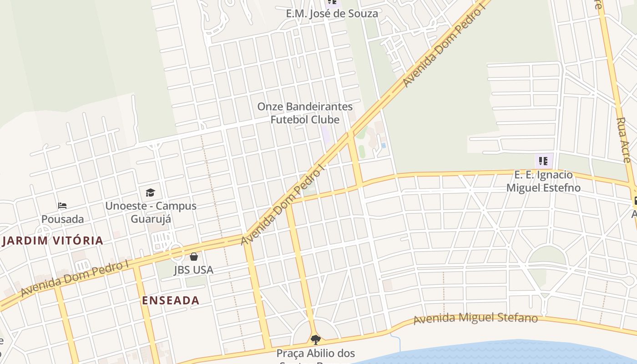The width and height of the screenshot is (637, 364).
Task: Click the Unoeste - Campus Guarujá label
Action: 151,212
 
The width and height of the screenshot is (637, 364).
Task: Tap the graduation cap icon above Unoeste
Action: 150,192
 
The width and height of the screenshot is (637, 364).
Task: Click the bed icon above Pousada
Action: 62,206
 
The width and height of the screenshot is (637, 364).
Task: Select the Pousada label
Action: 63,219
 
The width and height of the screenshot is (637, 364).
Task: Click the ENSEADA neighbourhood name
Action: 171,300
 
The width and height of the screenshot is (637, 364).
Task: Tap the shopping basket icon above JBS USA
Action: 194,257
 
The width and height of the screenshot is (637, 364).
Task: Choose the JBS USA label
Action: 193,270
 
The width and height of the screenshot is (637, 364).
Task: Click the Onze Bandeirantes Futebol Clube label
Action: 305,113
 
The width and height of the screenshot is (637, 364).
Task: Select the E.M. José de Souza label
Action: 332,14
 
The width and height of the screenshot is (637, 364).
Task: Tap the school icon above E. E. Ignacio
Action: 543,161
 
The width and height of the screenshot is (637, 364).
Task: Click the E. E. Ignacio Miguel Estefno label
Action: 543,181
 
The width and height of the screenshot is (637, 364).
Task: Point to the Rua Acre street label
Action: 623,140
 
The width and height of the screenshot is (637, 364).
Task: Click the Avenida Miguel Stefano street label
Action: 475,318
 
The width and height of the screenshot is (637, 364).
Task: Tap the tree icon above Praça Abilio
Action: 315,339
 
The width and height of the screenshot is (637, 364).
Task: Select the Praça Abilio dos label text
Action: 315,353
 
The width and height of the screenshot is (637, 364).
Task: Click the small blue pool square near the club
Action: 384,146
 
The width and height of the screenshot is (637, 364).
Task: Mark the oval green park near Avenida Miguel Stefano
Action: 547,257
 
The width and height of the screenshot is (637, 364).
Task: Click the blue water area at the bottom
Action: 500,353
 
